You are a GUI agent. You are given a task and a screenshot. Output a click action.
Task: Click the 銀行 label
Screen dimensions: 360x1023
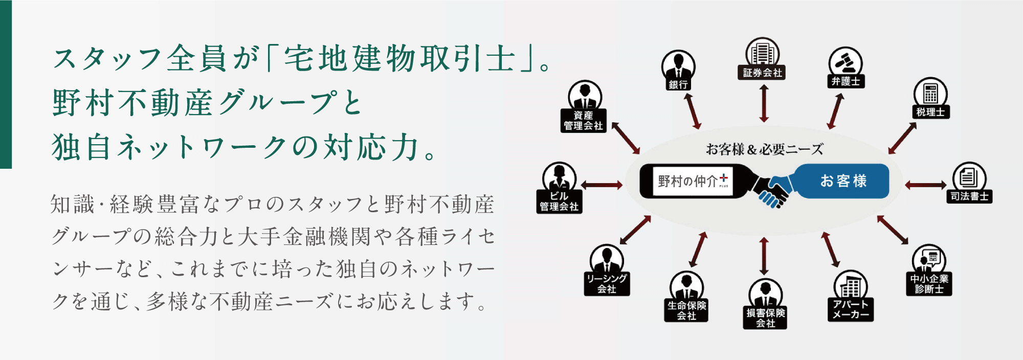pos(678,85)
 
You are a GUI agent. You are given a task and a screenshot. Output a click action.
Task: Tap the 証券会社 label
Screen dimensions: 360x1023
pos(763,73)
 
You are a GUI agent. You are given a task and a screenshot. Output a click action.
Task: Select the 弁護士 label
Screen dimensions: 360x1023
pos(846,81)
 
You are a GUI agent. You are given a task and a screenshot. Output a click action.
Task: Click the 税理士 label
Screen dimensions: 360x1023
pos(930,112)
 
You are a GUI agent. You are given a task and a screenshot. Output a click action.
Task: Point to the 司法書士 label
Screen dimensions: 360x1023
pos(969,196)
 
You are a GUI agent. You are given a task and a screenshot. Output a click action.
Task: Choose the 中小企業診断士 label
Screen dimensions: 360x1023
pos(929,284)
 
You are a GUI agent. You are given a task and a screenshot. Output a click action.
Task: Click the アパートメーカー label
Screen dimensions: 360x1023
pos(850,309)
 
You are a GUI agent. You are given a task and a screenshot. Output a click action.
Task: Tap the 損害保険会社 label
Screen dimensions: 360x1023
pos(765,318)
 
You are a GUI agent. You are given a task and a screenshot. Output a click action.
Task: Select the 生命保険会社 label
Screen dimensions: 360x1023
pos(686,310)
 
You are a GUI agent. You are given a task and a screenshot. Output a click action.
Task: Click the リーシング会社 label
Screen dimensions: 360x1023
pos(607,284)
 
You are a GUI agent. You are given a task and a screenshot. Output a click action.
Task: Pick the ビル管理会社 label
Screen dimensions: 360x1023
pos(559,201)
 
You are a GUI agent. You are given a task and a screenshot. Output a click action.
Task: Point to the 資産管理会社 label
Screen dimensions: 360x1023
pos(583,121)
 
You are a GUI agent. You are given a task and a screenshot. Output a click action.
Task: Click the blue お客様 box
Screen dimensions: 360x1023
pos(843,181)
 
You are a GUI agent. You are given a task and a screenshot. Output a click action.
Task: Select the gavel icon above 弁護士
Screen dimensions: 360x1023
pos(845,62)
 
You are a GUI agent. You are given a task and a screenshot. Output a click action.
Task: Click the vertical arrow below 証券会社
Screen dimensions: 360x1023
pos(764,103)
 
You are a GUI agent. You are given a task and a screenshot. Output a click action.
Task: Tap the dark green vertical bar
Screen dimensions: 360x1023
pos(6,84)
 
